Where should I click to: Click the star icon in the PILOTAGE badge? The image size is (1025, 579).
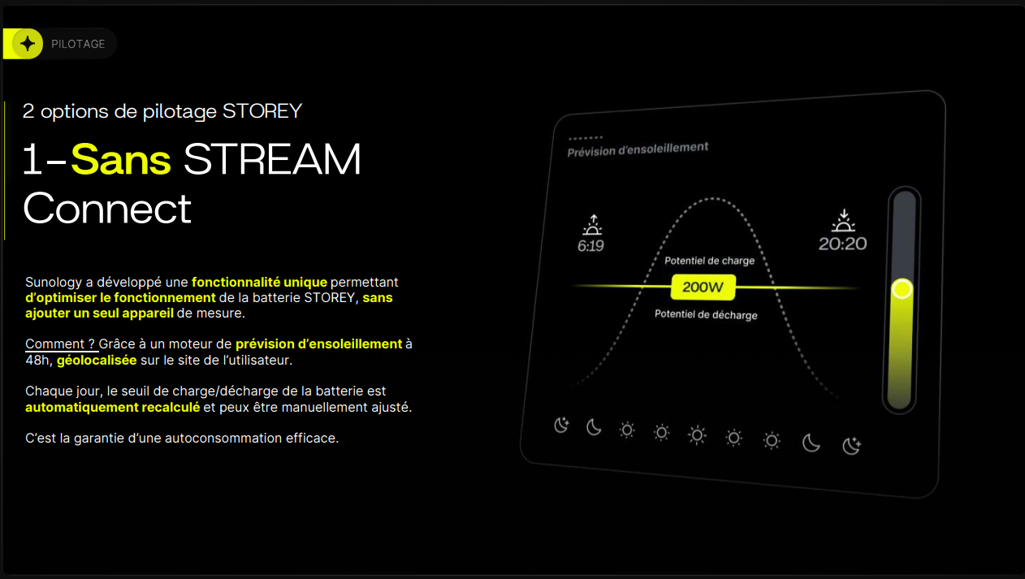pos(28,44)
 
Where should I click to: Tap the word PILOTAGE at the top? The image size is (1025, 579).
pos(78,44)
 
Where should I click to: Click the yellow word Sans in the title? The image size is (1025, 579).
pos(121,159)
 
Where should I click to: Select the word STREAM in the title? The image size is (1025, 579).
pos(272,159)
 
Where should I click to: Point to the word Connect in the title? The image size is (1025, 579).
pos(107,209)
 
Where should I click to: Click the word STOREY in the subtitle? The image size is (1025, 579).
pos(262,111)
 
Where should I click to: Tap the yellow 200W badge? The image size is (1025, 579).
pos(703,287)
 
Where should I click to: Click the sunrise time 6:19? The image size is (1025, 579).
pos(590,246)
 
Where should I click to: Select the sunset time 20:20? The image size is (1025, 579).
pos(842,244)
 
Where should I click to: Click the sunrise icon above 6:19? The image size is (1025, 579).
pos(593,225)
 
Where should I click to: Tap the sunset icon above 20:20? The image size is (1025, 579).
pos(843,220)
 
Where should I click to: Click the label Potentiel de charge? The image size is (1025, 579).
pos(709,261)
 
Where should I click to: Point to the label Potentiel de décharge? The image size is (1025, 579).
pos(706,314)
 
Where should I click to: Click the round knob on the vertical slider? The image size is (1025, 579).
pos(902,289)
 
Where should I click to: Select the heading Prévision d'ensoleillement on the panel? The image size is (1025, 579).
pos(638,149)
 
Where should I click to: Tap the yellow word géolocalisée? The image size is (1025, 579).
pos(97,361)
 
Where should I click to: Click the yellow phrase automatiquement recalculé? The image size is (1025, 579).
pos(113,407)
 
